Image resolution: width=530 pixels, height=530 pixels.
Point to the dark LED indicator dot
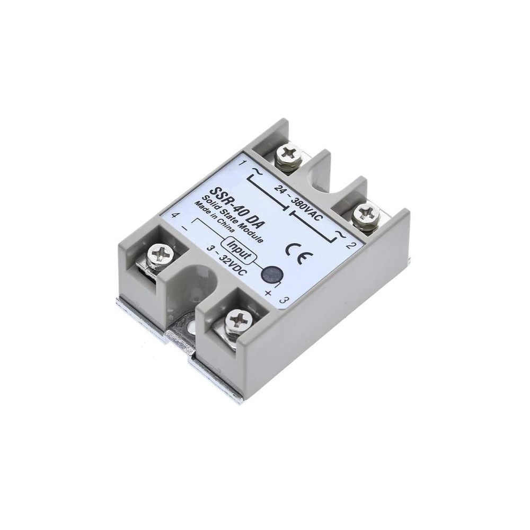272,273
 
